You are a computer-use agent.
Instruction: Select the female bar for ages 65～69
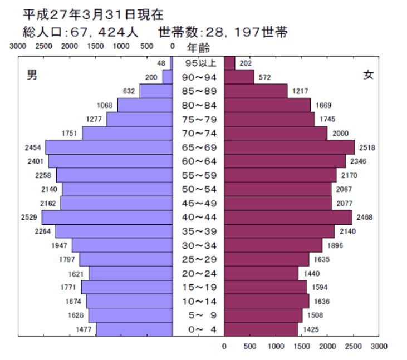click(289, 147)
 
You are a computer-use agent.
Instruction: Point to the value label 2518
click(368, 147)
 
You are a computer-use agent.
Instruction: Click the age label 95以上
click(198, 63)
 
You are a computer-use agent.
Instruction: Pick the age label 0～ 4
click(198, 329)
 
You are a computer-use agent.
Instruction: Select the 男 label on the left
click(32, 76)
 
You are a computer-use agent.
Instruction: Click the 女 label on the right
click(368, 75)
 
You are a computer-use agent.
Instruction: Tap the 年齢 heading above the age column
click(198, 48)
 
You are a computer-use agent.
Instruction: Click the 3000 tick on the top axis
click(18, 46)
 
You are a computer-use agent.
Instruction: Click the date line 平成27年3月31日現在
click(93, 14)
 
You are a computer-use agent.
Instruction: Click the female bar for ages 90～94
click(239, 77)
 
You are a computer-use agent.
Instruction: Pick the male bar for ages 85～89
click(156, 91)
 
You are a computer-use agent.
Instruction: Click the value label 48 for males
click(161, 63)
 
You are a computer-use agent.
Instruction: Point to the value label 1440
click(313, 274)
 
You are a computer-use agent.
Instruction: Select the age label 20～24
click(198, 273)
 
